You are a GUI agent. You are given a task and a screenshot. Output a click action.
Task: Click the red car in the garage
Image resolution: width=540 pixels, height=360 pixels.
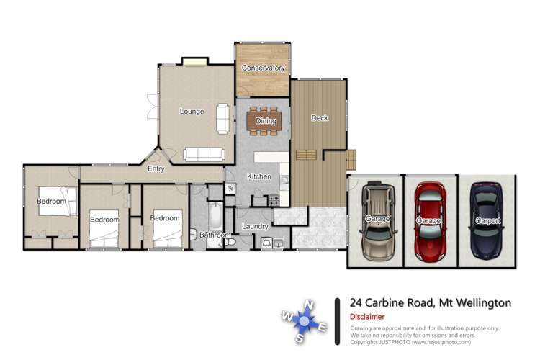430,220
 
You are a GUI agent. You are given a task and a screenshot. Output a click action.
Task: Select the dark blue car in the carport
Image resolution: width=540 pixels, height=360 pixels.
487,220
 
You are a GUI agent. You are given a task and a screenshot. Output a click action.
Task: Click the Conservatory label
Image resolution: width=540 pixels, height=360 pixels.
263,68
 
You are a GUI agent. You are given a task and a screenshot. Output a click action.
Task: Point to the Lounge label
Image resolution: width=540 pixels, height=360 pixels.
192,112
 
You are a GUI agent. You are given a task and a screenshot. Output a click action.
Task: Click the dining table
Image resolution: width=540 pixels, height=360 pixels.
265,122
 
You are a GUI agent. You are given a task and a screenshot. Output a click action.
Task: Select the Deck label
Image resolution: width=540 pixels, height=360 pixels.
319,118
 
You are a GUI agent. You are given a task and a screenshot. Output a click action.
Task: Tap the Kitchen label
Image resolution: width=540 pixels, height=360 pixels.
258,176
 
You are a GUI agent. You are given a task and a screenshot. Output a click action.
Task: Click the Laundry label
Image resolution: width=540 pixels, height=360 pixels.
255,227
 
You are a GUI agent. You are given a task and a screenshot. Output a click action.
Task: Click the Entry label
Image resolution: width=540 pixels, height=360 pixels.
156,169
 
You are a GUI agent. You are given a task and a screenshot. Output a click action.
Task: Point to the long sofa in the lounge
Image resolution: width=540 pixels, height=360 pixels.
204,154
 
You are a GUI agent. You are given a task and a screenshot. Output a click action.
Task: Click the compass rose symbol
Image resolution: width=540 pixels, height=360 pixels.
305,321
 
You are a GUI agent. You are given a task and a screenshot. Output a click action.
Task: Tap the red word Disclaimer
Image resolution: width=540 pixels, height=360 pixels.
366,317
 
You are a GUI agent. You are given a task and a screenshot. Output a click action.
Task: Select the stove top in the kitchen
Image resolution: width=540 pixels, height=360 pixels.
274,200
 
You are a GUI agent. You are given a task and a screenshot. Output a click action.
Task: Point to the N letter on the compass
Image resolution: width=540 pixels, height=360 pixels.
309,304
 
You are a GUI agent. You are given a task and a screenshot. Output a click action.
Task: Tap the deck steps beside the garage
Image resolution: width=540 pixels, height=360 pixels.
351,158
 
